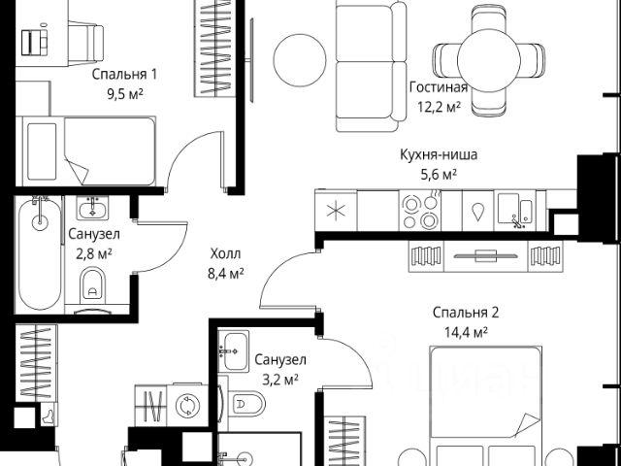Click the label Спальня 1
(x=124, y=74)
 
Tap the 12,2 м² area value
(x=439, y=106)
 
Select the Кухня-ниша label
(x=439, y=154)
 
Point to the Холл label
(x=225, y=253)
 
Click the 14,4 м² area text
(x=466, y=332)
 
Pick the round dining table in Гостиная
(x=488, y=60)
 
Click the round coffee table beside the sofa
(x=300, y=59)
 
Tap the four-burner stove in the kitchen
(x=420, y=210)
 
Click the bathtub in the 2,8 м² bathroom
(x=40, y=252)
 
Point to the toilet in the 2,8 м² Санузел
(x=93, y=283)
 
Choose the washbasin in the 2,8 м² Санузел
(x=92, y=208)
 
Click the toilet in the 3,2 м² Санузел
(x=245, y=404)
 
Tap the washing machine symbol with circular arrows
(x=187, y=406)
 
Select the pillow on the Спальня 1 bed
(x=42, y=151)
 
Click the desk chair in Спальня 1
(x=85, y=43)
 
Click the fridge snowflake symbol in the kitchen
(x=336, y=211)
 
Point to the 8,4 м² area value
(x=225, y=273)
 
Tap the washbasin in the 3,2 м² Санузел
(x=234, y=350)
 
